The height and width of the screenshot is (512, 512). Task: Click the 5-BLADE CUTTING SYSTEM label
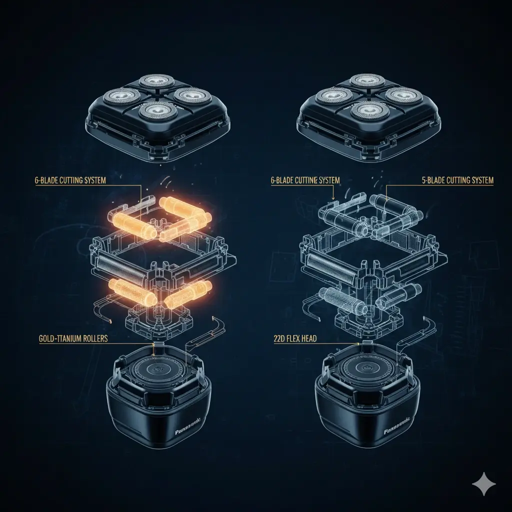(458, 180)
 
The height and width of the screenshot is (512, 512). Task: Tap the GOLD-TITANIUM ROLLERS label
(73, 338)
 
